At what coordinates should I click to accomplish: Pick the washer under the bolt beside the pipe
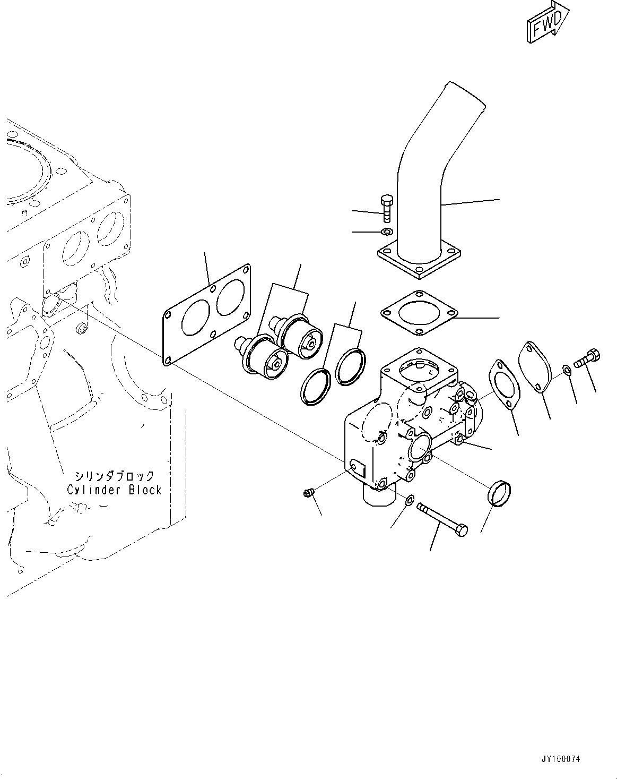click(387, 232)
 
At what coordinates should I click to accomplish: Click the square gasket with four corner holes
click(419, 313)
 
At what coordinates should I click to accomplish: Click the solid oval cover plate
click(535, 367)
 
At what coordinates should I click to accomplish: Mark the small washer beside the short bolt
click(567, 369)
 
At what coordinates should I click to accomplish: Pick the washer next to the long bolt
click(410, 500)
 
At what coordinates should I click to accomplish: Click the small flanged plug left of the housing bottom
click(308, 494)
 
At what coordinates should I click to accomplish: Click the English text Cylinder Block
click(114, 490)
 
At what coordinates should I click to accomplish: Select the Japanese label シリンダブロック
click(114, 475)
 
